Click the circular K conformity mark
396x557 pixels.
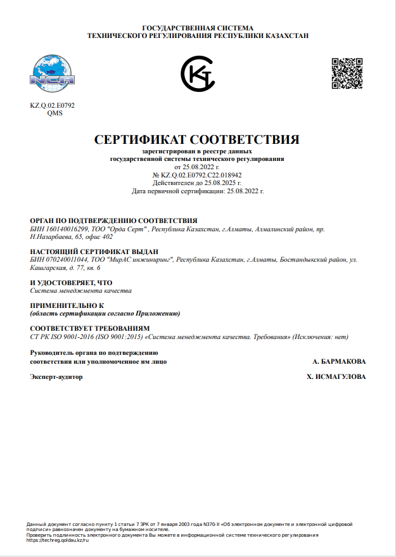point(198,74)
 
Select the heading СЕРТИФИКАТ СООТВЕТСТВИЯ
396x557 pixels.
point(196,139)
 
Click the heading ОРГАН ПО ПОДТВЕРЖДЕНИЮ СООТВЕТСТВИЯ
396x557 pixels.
point(114,220)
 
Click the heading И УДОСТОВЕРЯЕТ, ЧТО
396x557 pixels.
point(71,283)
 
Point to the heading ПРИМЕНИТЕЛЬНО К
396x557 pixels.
point(67,305)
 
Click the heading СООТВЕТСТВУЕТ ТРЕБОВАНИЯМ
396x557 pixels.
point(88,328)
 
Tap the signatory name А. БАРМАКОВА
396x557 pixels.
point(339,361)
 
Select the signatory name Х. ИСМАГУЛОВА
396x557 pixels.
point(336,377)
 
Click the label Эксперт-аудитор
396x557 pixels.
point(56,377)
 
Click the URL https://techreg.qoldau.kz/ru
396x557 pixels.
point(58,540)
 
